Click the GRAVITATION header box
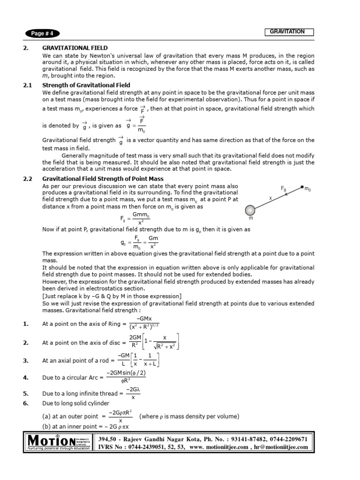287,32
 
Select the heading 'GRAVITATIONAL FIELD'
75,48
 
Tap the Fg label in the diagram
284,188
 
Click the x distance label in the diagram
270,198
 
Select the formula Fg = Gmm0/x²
135,218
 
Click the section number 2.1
28,85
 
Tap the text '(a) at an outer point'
70,416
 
